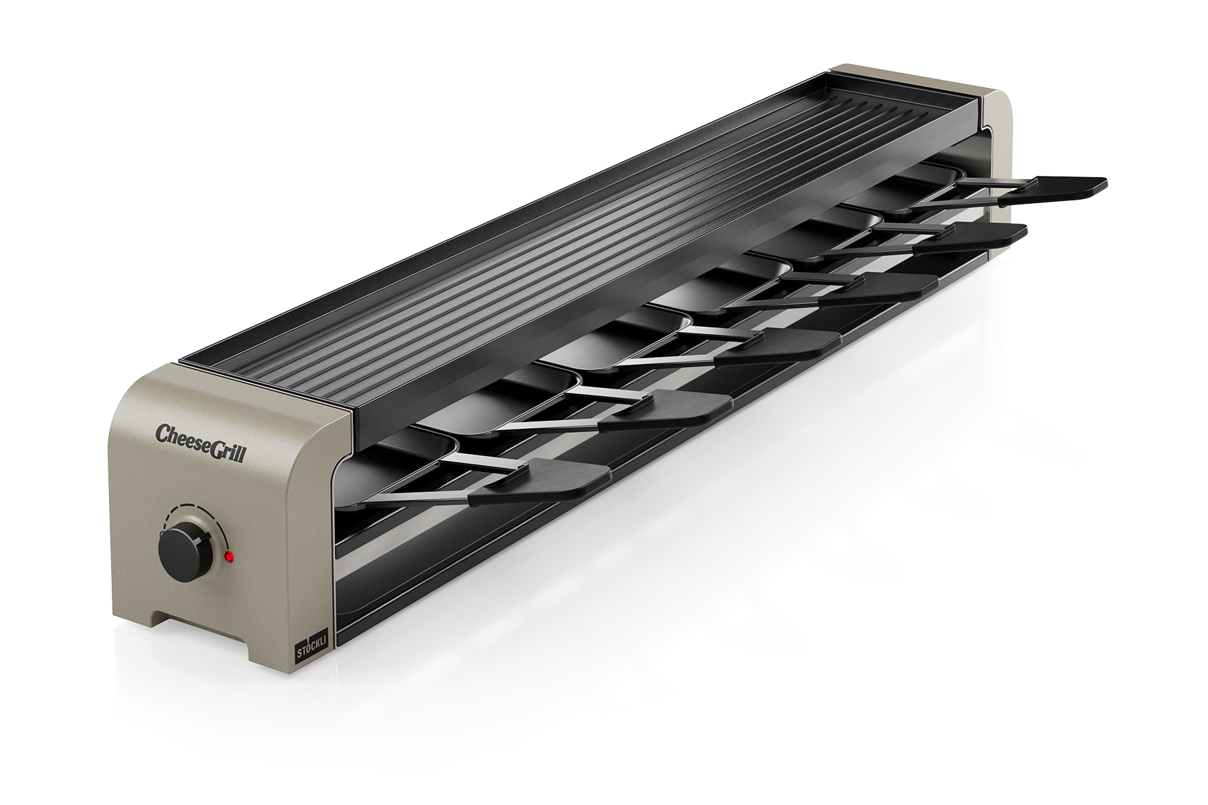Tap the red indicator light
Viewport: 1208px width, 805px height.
230,558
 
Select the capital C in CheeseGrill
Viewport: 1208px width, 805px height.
163,433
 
